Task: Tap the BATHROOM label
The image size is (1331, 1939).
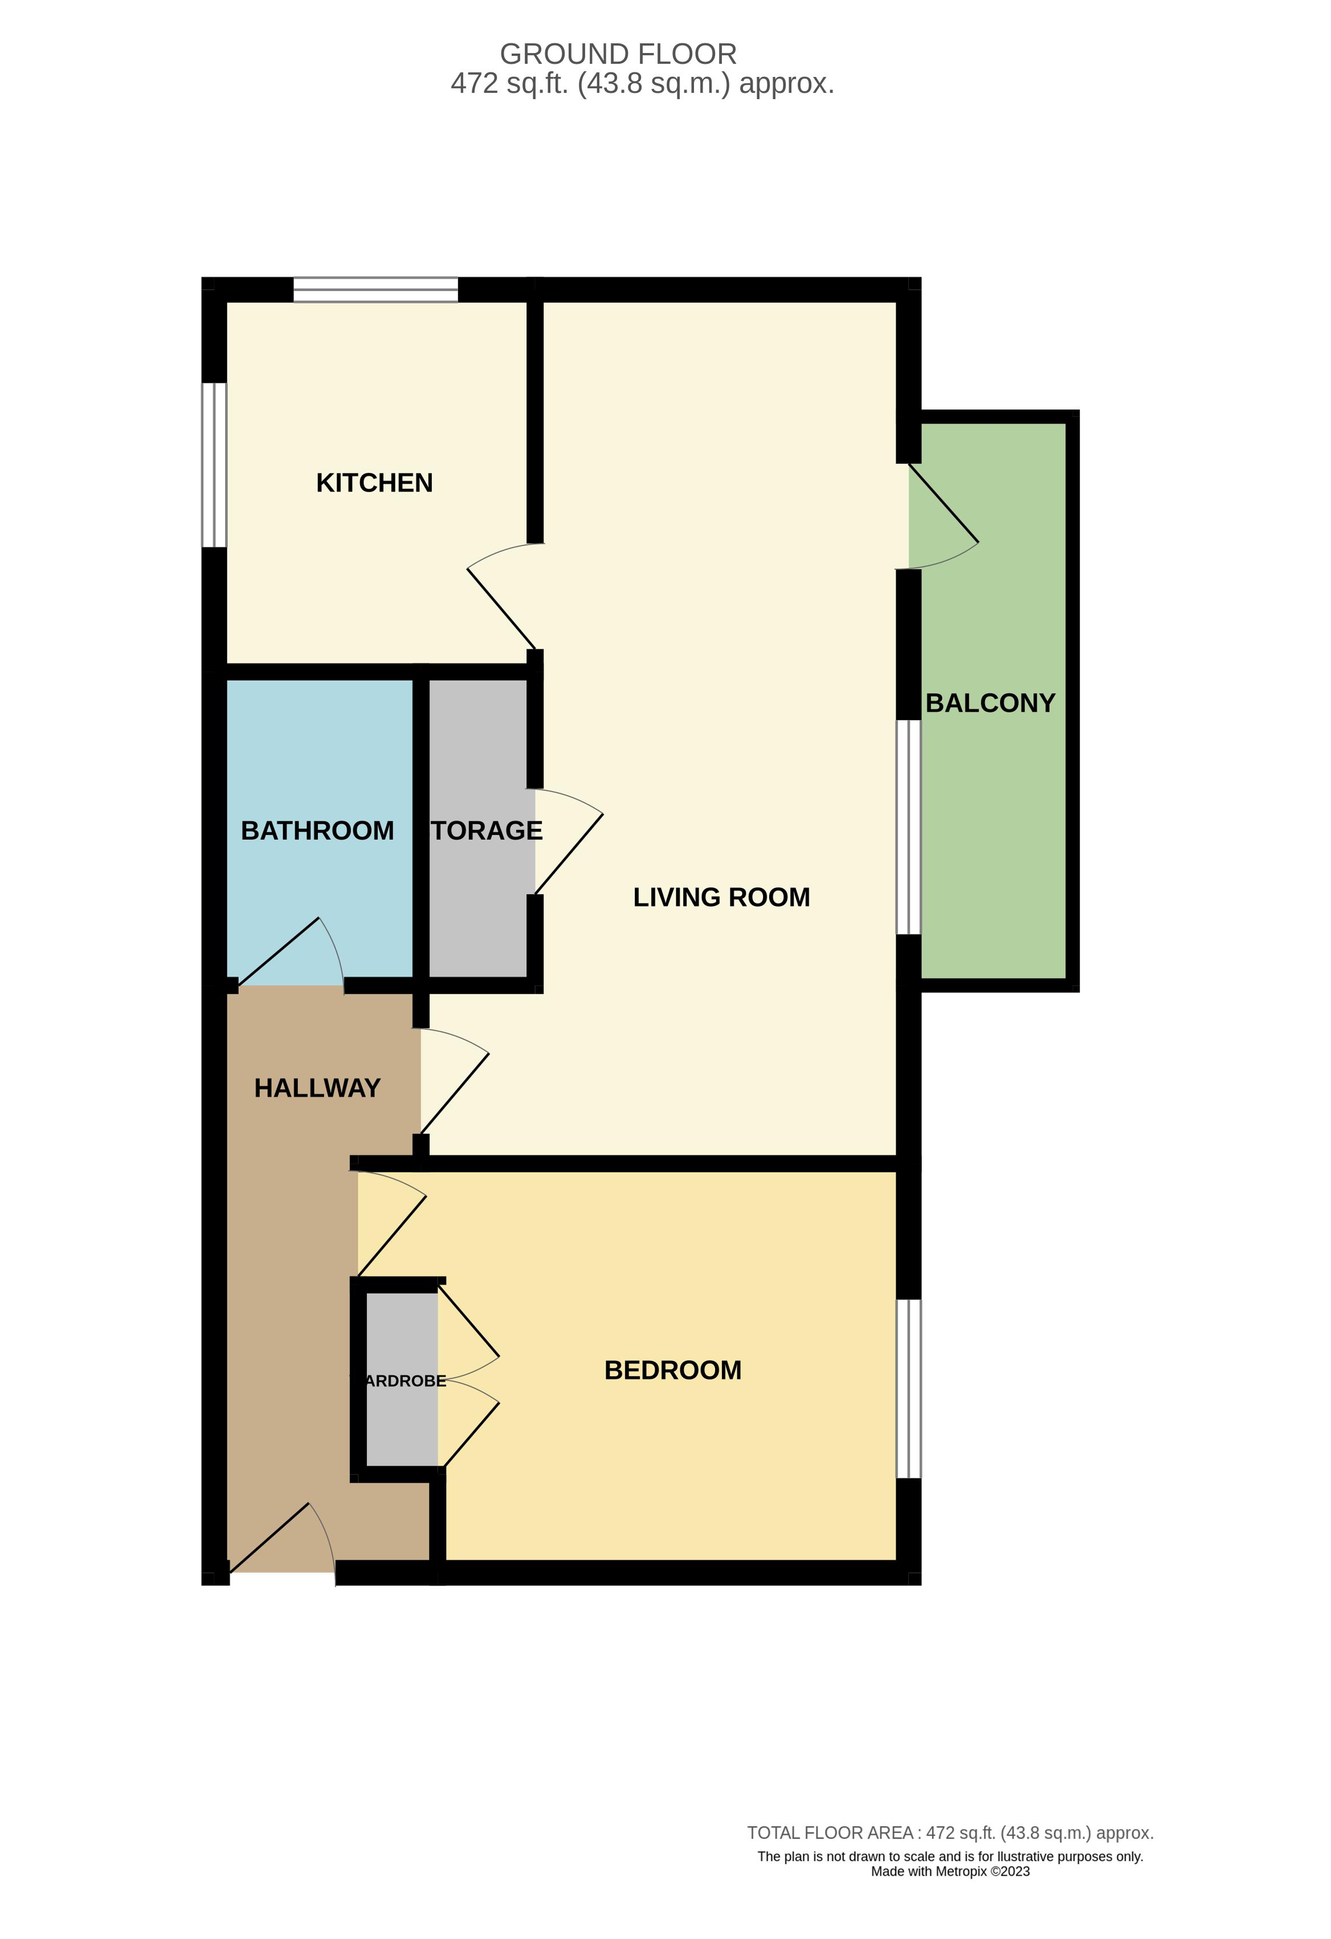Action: tap(317, 831)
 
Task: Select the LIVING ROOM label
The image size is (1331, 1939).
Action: tap(721, 898)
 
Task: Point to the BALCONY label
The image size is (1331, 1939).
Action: tap(990, 703)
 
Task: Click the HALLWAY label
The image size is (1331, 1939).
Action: tap(317, 1088)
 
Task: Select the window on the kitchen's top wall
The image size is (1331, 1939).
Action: tap(375, 289)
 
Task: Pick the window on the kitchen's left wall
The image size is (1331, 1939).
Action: tap(214, 465)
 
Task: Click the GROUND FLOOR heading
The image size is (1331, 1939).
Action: tap(618, 54)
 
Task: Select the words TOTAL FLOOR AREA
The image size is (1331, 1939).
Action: tap(830, 1833)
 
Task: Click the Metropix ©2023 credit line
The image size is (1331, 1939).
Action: tap(950, 1871)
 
